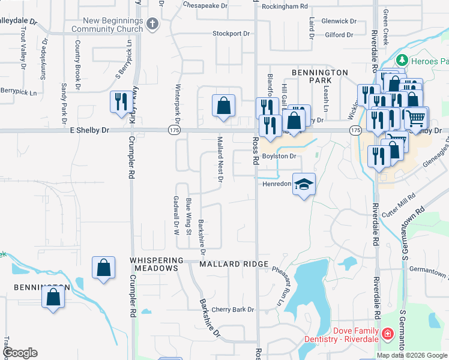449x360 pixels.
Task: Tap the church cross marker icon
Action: [152, 24]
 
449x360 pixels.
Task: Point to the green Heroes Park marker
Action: [401, 61]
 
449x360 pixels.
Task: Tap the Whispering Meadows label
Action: [154, 264]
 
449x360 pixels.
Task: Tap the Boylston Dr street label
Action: [279, 157]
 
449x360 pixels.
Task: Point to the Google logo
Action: [19, 353]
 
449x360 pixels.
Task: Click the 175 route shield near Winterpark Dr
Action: [174, 130]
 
